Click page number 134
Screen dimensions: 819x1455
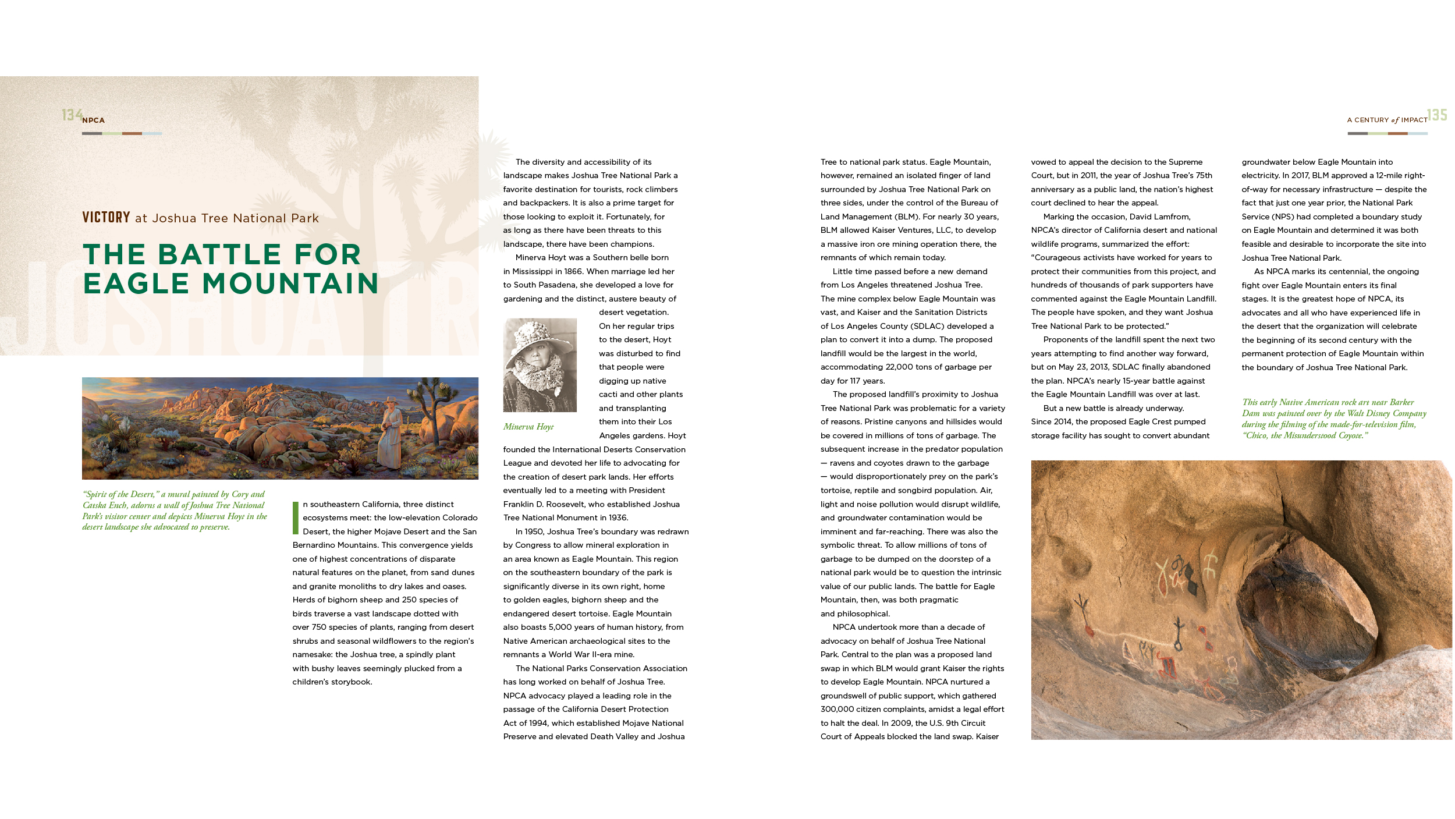[72, 115]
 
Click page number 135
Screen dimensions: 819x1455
[1436, 115]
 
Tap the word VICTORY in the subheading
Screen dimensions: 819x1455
[106, 218]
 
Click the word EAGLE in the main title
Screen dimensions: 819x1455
[136, 283]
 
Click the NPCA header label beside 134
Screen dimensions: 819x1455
[93, 120]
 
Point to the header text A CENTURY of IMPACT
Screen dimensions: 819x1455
[1386, 120]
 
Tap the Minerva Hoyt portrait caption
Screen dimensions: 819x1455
[528, 427]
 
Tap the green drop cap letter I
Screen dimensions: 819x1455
[296, 517]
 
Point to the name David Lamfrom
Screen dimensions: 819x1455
[1159, 217]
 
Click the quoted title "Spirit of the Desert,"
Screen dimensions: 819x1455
[121, 494]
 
